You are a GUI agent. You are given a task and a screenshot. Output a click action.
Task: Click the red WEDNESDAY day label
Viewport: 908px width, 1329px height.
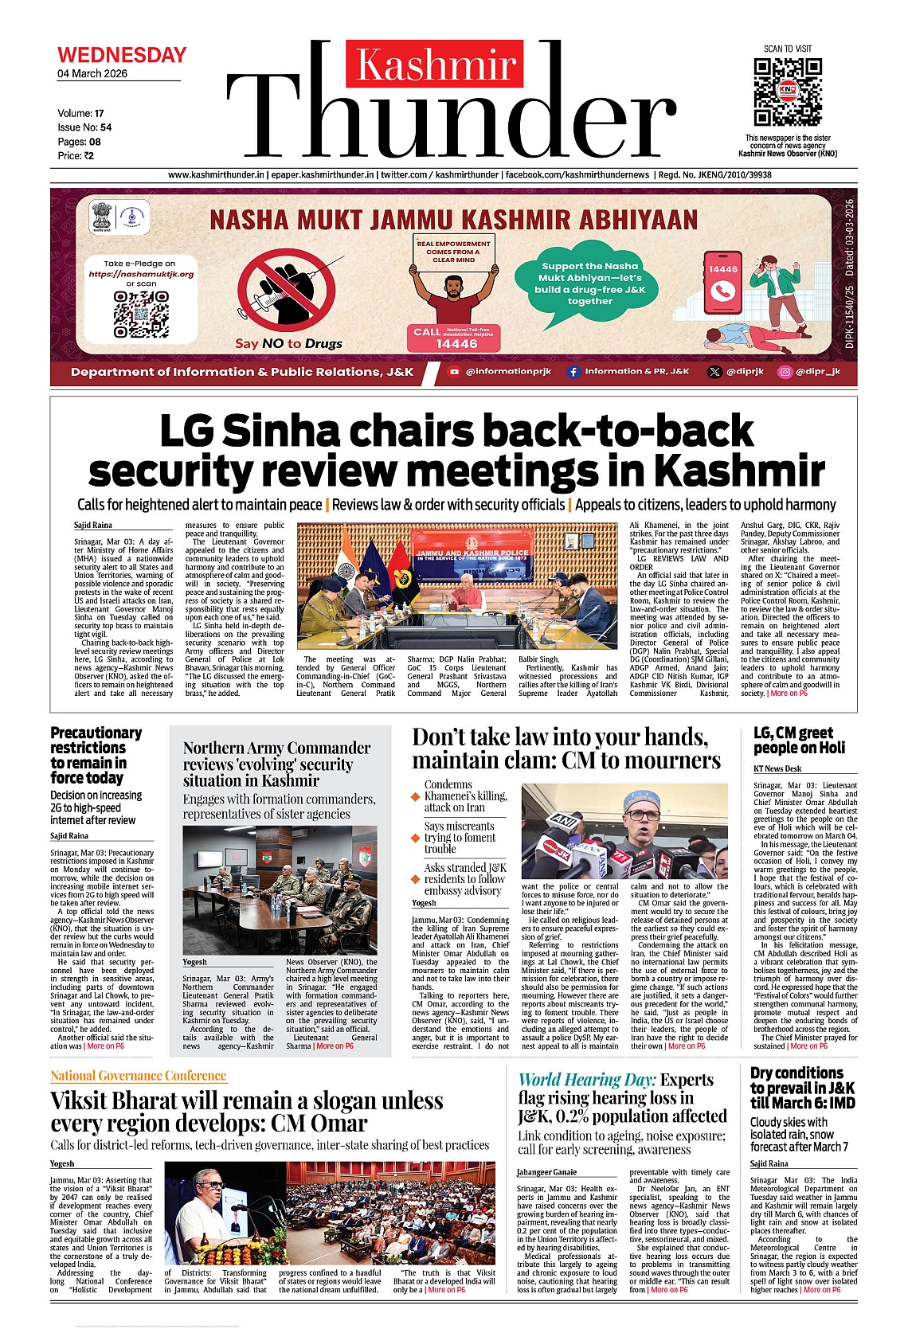(x=122, y=55)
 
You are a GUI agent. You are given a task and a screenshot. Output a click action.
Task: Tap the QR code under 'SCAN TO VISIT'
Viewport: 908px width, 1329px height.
(x=786, y=92)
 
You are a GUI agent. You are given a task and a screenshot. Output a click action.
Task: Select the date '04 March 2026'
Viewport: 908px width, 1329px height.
(x=92, y=74)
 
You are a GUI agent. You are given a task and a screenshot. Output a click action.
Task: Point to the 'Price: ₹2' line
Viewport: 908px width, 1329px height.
(x=76, y=156)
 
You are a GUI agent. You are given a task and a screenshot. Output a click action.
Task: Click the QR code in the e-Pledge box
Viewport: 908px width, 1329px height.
(x=141, y=314)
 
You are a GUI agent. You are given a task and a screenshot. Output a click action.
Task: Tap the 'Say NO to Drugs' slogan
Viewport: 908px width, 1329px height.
(x=288, y=343)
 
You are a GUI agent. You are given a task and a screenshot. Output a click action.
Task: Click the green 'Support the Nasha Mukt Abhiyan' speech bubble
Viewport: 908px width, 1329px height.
(x=589, y=283)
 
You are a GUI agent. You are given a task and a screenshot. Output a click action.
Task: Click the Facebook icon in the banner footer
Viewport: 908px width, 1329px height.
(x=573, y=371)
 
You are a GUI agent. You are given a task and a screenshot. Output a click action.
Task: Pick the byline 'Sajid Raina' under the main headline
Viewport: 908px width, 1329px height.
(x=93, y=526)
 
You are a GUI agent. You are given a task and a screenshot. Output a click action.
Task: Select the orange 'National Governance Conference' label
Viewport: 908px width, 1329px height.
(x=139, y=1076)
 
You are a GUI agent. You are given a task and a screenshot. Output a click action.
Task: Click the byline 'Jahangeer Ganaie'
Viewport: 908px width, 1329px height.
(x=546, y=1172)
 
